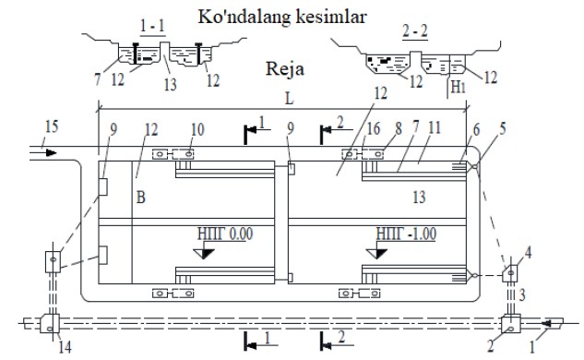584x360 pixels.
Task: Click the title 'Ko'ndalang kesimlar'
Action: click(x=282, y=18)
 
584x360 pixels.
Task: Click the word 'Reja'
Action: click(x=285, y=69)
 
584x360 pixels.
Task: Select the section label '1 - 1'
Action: click(x=152, y=26)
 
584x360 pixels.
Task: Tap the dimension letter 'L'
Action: click(x=289, y=99)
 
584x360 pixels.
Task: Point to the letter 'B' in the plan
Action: click(x=140, y=197)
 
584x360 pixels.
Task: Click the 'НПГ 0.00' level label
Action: click(x=225, y=234)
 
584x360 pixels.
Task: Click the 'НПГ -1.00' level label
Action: click(x=406, y=234)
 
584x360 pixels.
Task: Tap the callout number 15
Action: click(x=52, y=126)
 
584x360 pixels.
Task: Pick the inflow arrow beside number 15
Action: click(x=47, y=153)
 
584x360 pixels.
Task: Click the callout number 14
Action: click(x=65, y=347)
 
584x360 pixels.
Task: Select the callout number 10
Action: click(x=197, y=129)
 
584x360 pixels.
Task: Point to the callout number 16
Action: click(x=374, y=128)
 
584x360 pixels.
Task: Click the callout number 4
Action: click(x=528, y=253)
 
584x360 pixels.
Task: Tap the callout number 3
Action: click(x=522, y=294)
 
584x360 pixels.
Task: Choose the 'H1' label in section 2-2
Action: click(x=459, y=87)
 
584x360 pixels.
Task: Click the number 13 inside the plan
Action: click(x=419, y=197)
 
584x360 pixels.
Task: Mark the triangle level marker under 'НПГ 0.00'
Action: click(x=204, y=254)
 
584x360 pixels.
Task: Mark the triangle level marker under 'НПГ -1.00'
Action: click(x=376, y=254)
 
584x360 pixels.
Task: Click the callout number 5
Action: click(x=503, y=128)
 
